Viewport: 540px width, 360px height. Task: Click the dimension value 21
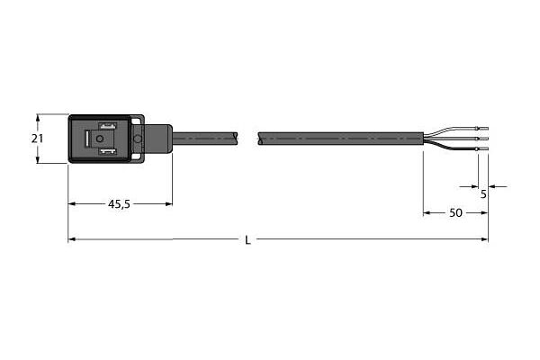coord(37,139)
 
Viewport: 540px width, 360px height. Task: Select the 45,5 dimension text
coord(120,204)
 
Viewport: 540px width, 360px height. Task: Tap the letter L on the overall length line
coord(248,240)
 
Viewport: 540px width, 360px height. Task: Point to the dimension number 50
coord(455,213)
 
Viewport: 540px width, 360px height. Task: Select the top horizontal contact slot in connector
coord(107,125)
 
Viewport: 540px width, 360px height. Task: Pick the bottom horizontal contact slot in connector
coord(107,153)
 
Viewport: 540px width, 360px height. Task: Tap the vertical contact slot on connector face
coord(87,139)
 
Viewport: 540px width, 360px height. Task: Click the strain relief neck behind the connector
coord(157,139)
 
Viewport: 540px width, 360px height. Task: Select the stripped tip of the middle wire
coord(482,139)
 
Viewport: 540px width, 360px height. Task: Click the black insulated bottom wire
coord(454,146)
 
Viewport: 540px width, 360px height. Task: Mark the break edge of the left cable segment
coord(237,139)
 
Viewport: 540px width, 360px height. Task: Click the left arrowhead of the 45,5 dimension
coord(72,204)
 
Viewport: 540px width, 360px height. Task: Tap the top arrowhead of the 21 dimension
coord(37,117)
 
